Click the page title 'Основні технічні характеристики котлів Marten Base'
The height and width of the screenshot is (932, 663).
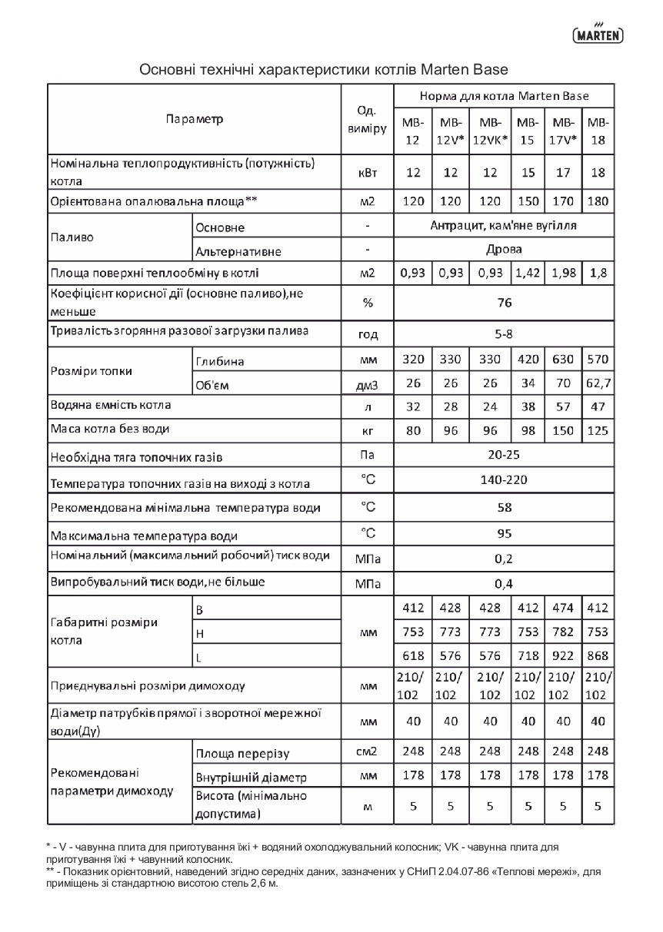click(x=323, y=70)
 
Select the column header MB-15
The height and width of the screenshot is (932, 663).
click(x=528, y=131)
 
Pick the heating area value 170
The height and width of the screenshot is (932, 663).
click(x=564, y=201)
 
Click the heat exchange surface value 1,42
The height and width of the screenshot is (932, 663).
click(x=528, y=273)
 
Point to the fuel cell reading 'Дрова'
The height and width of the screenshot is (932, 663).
click(x=504, y=250)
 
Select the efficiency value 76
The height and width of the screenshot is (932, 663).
click(x=504, y=303)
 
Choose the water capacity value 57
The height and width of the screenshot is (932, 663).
click(x=564, y=406)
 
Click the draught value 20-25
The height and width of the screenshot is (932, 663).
click(x=504, y=455)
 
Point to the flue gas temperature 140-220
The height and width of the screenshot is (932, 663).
click(x=504, y=480)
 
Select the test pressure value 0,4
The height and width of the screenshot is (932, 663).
click(x=504, y=582)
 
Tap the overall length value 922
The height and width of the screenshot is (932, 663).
click(x=564, y=655)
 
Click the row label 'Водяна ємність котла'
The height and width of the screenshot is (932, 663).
click(x=111, y=405)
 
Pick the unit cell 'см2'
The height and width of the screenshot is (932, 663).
click(x=367, y=751)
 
